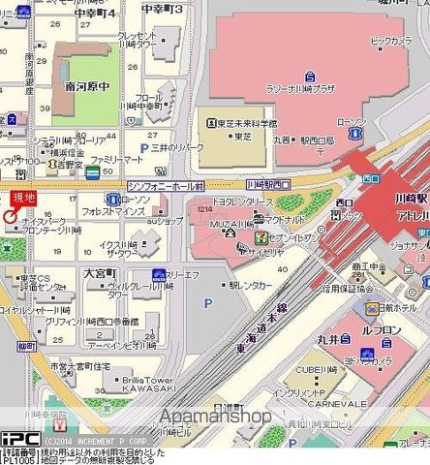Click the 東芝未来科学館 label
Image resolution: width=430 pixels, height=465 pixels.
point(240,124)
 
